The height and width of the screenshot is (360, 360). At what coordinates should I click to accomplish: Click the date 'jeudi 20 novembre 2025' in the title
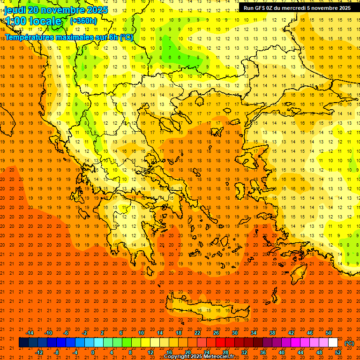[x=56, y=10]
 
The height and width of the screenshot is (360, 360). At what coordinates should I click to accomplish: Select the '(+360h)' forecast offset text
[x=83, y=21]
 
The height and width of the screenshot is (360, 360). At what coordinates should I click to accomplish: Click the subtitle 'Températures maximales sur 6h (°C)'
[x=69, y=37]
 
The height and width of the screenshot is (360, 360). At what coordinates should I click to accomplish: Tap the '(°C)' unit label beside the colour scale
[x=349, y=343]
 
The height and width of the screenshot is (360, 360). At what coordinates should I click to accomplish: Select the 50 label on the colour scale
[x=328, y=333]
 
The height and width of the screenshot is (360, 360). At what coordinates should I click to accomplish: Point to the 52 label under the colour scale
[x=337, y=352]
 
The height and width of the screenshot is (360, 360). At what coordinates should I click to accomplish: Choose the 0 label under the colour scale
[x=93, y=352]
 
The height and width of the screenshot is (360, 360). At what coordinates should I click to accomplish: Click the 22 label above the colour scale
[x=197, y=333]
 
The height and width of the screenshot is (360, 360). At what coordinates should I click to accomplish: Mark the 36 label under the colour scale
[x=262, y=352]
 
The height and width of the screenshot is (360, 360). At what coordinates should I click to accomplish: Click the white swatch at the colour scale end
[x=333, y=343]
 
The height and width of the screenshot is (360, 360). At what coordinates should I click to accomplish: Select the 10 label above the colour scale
[x=141, y=333]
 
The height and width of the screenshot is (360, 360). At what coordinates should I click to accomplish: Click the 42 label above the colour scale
[x=291, y=333]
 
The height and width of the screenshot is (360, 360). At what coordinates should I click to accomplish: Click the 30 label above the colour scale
[x=234, y=333]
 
